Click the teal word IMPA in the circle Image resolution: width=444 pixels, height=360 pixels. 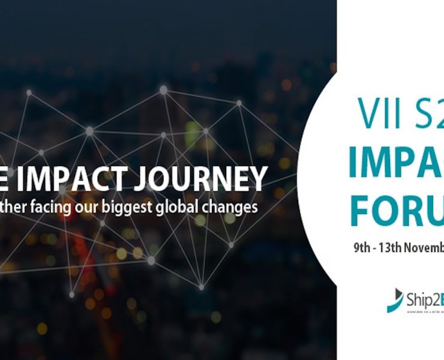tap(396, 163)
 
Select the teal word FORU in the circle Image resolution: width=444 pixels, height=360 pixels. tap(396, 209)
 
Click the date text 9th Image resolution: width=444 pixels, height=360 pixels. tap(362, 247)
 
